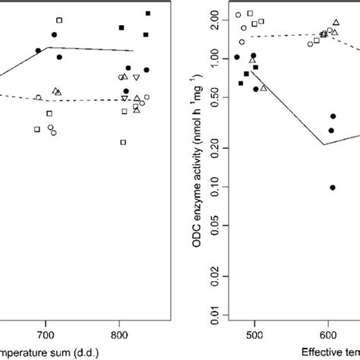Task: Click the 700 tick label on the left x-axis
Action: [46, 334]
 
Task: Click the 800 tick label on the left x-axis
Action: [120, 334]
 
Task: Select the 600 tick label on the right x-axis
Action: [327, 334]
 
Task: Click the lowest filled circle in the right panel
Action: [333, 188]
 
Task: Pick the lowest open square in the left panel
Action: [123, 142]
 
